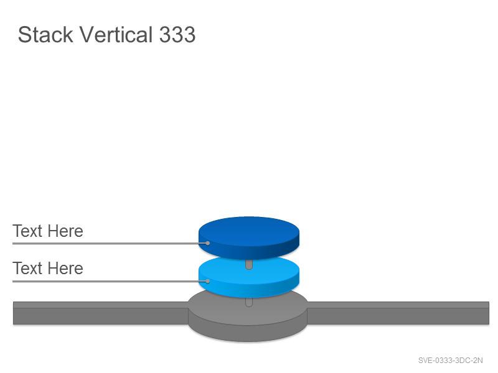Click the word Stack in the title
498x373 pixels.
(45, 34)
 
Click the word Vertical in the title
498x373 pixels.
(116, 34)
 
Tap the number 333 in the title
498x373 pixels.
(177, 34)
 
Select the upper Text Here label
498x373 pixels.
(48, 231)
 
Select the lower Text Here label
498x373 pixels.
(48, 269)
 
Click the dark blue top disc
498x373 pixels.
(248, 238)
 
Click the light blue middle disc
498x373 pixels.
(248, 277)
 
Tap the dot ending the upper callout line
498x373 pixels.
(208, 243)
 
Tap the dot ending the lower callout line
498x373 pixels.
(208, 281)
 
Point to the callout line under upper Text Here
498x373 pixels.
(110, 243)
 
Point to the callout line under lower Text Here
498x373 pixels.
(110, 281)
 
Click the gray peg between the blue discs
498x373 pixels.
(249, 265)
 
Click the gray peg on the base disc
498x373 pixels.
(249, 302)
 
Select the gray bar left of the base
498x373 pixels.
(101, 313)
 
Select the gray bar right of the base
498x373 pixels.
(398, 313)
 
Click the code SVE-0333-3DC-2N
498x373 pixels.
(450, 361)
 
